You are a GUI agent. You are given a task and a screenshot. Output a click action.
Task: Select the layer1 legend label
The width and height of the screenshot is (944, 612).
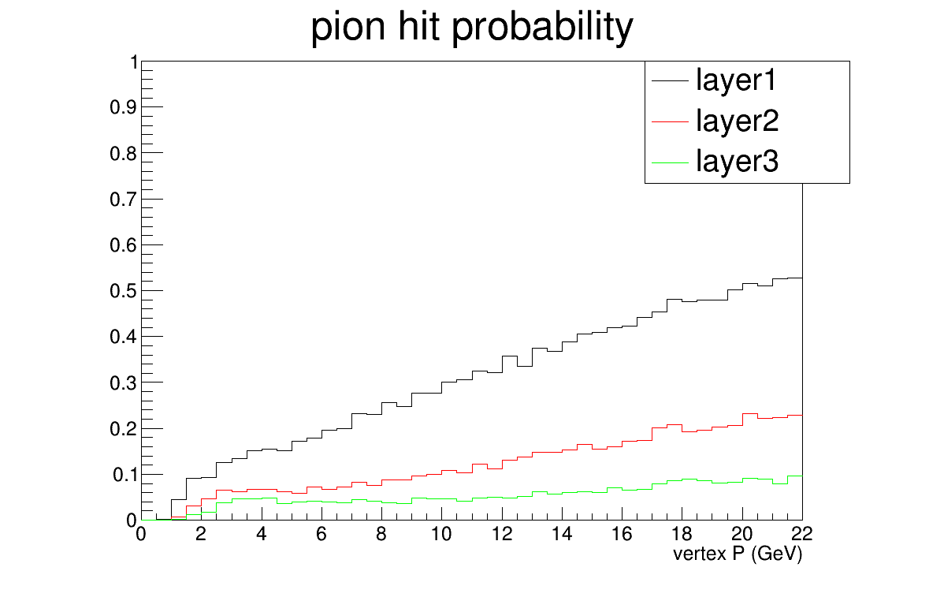click(x=737, y=80)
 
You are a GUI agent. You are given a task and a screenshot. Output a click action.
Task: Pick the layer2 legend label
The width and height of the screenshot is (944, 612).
click(x=737, y=121)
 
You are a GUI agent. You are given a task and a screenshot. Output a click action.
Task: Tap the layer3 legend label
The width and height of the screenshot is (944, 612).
click(x=737, y=162)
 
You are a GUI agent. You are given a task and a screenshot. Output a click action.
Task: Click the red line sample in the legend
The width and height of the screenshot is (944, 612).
click(x=670, y=121)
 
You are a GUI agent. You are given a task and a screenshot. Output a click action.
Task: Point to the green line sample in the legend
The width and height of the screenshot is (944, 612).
click(x=670, y=162)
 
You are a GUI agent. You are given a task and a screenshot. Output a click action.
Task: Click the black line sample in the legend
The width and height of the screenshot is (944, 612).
click(x=670, y=80)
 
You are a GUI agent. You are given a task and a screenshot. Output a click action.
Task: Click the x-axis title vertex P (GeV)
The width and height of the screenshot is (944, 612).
click(x=738, y=554)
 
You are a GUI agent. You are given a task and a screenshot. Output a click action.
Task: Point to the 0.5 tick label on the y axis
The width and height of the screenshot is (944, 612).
click(x=124, y=291)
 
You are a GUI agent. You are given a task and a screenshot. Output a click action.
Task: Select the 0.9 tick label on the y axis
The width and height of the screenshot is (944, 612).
click(x=124, y=107)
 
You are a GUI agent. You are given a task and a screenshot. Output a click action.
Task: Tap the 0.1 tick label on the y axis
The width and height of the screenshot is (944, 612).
click(x=125, y=475)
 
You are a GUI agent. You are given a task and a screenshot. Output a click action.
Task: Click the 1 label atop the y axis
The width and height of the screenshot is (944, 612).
click(x=134, y=62)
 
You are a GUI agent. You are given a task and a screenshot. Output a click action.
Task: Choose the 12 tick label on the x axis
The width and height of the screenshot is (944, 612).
click(x=501, y=534)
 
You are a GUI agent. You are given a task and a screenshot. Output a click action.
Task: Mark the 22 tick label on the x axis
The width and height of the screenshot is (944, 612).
click(x=802, y=534)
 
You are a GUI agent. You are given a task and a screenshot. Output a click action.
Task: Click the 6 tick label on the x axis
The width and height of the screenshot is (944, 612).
click(x=321, y=534)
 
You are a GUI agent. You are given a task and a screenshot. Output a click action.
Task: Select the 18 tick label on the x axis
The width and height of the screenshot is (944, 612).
click(x=682, y=534)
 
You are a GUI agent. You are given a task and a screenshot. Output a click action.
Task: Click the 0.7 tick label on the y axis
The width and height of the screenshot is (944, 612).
click(x=124, y=200)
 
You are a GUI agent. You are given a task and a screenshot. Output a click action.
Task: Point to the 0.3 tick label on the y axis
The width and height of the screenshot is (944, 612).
click(x=124, y=383)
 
